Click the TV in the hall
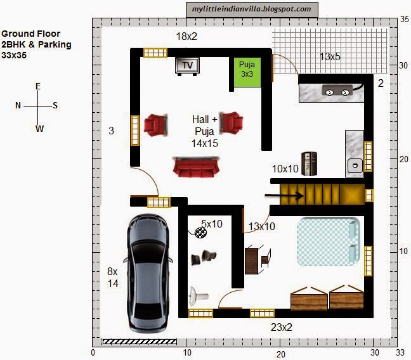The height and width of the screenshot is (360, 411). pos(187,66)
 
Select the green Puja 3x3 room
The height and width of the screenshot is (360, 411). pos(247,72)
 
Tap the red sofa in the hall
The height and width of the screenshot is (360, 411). pos(196,167)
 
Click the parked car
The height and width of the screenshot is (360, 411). pos(148,273)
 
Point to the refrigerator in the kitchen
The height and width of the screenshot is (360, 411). pos(309,164)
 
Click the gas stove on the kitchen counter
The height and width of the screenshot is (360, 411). pos(337,91)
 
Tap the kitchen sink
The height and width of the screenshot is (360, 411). pos(355,165)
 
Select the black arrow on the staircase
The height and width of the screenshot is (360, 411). pos(284,195)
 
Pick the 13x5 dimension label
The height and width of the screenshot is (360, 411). pos(330,56)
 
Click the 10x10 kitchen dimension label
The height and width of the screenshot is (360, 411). pos(285,169)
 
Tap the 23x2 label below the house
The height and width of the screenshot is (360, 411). pos(282,327)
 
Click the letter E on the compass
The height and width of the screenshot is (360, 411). pos(38,86)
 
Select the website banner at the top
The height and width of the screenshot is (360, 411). pos(252,10)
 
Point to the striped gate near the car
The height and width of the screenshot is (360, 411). pos(140,342)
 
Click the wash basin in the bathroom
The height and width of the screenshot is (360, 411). pos(198,297)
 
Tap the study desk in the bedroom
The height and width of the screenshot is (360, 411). pos(251,261)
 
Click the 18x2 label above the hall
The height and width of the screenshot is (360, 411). pos(186,36)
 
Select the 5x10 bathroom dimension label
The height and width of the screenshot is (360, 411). pos(212,224)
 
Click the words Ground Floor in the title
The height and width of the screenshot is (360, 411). pos(30,34)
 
